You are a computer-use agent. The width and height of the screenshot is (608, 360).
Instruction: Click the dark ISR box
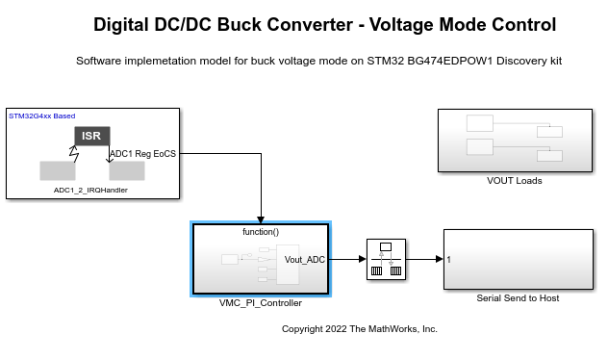[91, 136]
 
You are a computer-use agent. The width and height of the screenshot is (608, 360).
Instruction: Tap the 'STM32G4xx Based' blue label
[41, 116]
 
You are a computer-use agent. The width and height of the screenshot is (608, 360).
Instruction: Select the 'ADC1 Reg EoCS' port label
[142, 153]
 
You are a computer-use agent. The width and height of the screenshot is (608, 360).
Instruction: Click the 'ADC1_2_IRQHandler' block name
[90, 191]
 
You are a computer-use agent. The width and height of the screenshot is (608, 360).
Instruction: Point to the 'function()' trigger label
[261, 232]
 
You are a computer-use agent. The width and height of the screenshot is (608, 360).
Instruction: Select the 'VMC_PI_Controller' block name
[261, 302]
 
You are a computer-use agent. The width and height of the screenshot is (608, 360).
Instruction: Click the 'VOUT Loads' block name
[515, 180]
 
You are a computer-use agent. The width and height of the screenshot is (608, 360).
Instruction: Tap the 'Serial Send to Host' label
[518, 297]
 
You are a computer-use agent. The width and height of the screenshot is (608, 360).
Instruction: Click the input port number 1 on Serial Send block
[449, 259]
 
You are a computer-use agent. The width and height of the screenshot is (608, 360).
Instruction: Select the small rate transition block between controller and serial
[385, 259]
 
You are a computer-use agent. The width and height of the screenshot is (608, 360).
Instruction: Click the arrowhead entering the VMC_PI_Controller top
[261, 219]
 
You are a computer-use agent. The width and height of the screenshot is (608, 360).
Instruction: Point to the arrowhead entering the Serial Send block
[439, 259]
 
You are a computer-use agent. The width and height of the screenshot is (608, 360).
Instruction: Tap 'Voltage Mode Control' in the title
[461, 24]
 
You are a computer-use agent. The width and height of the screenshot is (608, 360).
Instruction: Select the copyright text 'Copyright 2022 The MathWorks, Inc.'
[359, 328]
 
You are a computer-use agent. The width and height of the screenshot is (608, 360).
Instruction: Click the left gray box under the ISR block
[57, 170]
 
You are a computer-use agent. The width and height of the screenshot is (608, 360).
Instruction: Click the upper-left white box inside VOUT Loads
[479, 123]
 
